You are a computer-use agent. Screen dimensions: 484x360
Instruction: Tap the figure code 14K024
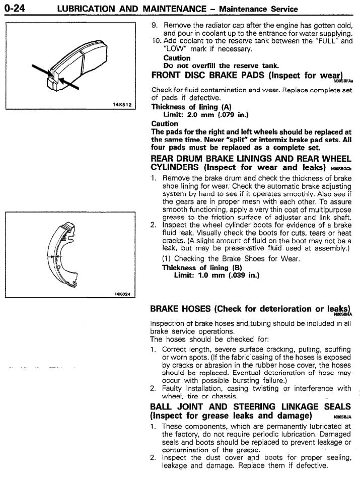point(121,295)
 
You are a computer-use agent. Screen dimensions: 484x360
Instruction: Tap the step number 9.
point(155,25)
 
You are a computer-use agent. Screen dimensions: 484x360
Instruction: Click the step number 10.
point(156,41)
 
